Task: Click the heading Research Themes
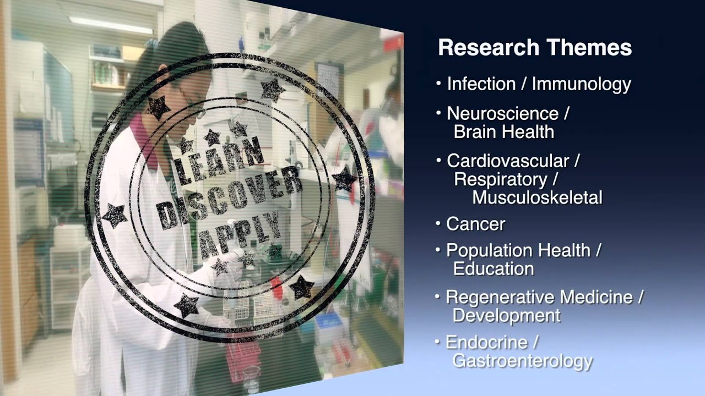click(534, 48)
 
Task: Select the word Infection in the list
click(481, 84)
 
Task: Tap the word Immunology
click(581, 84)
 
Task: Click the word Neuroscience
click(502, 114)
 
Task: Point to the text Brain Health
click(503, 132)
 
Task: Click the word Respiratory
click(500, 179)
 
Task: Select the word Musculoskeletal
click(537, 197)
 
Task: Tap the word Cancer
click(475, 224)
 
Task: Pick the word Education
click(493, 269)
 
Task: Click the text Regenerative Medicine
click(539, 298)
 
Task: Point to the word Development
click(506, 316)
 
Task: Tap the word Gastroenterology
click(522, 361)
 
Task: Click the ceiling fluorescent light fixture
click(111, 24)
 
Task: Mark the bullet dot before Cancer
click(438, 223)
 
